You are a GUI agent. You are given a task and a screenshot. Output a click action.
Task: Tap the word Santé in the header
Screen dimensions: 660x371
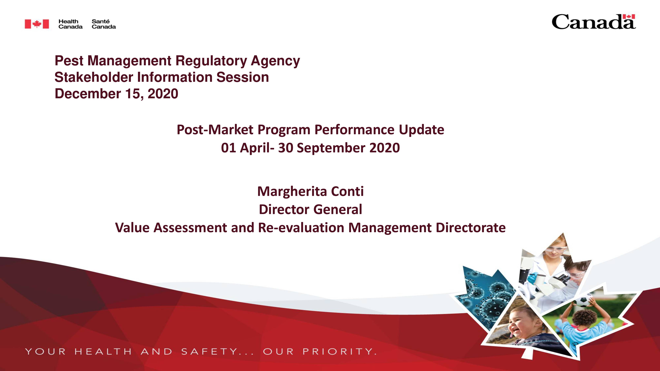tap(100, 21)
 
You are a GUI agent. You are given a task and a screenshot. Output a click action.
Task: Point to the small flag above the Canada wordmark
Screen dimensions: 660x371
tap(629, 17)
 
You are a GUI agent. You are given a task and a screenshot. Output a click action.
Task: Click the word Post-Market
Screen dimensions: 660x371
tap(215, 130)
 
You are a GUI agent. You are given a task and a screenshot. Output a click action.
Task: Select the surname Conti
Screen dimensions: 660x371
tap(347, 191)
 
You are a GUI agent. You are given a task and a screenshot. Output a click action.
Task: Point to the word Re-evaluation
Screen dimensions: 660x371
tap(301, 228)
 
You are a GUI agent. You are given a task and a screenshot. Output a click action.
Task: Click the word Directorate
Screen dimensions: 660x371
tap(471, 228)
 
